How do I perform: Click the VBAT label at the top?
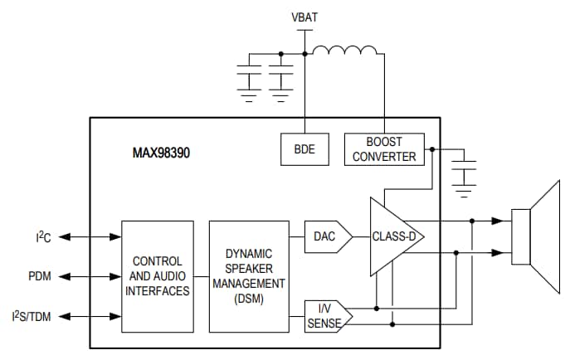point(304,17)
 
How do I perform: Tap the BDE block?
point(304,150)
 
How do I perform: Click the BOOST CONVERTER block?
point(383,150)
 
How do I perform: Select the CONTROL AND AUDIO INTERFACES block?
point(158,275)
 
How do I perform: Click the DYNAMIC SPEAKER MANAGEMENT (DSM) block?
point(248,275)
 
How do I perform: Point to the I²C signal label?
point(42,237)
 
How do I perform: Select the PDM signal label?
point(39,276)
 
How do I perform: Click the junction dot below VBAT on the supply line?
point(304,56)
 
